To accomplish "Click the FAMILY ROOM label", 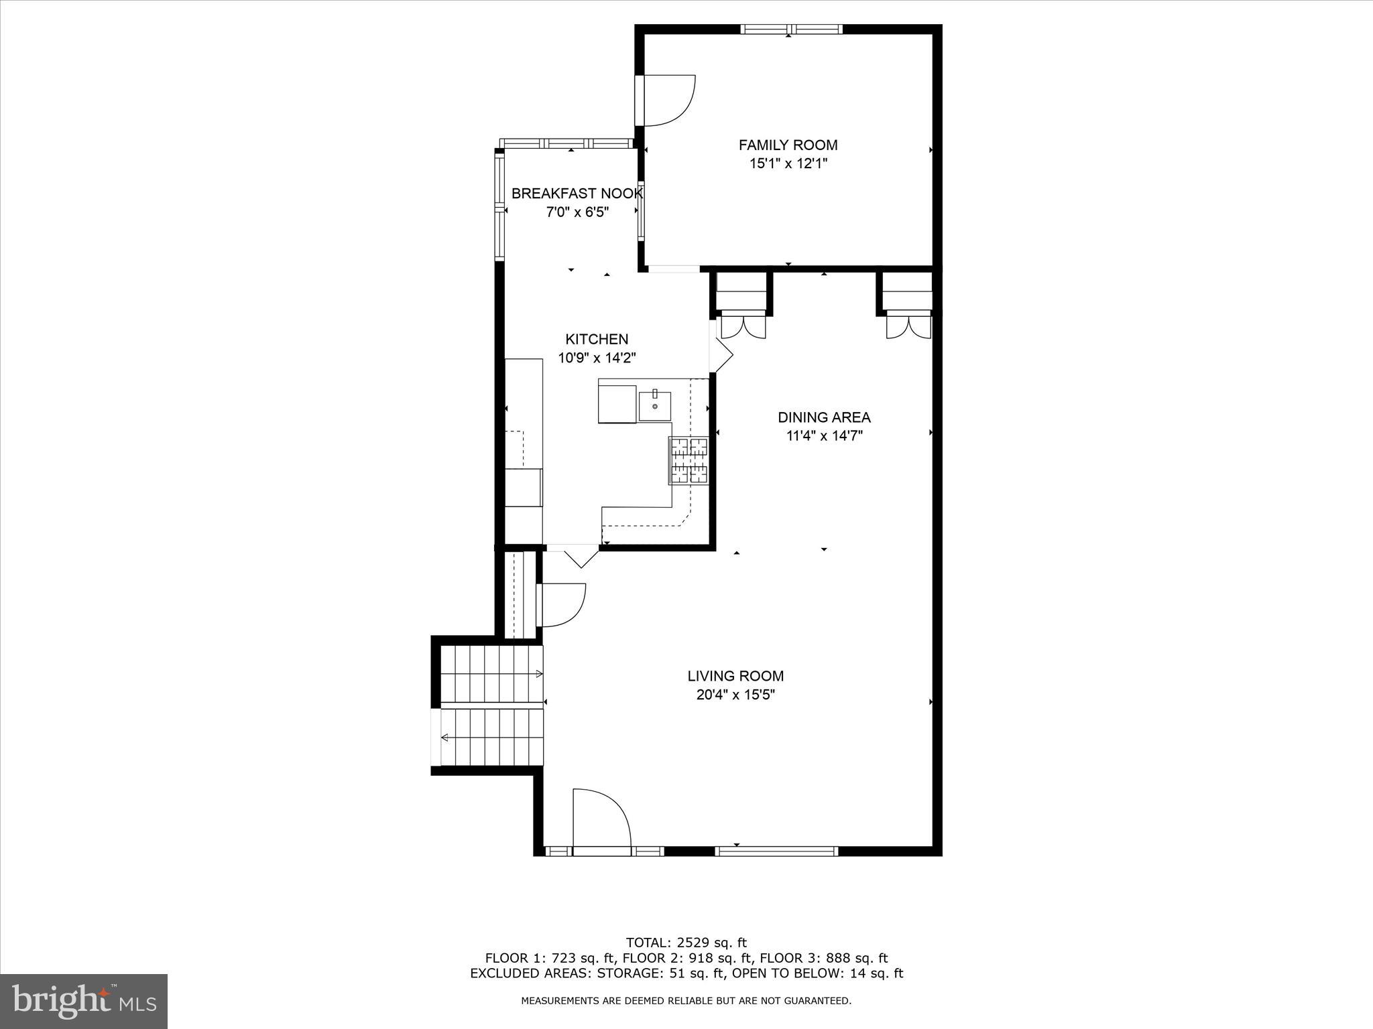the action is click(788, 145).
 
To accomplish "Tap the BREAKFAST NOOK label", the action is click(577, 194).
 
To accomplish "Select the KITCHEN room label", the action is click(597, 339).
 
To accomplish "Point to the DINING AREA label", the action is click(824, 417).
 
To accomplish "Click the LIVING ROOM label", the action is click(735, 676).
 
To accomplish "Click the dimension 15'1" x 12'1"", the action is click(788, 163).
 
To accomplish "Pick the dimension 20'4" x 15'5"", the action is click(735, 695).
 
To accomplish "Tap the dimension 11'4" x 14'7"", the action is click(824, 436).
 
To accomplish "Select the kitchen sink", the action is click(655, 406).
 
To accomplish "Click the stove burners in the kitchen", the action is click(689, 460).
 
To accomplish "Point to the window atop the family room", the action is click(791, 29).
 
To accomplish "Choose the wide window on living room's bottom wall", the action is click(776, 851).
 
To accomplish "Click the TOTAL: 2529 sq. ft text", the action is click(686, 943).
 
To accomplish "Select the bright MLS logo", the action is click(84, 1001).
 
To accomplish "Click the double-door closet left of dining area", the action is click(742, 326).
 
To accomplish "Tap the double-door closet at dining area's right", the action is click(908, 326).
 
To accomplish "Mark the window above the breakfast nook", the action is click(567, 143).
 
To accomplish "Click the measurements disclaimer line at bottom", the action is click(686, 1001).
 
